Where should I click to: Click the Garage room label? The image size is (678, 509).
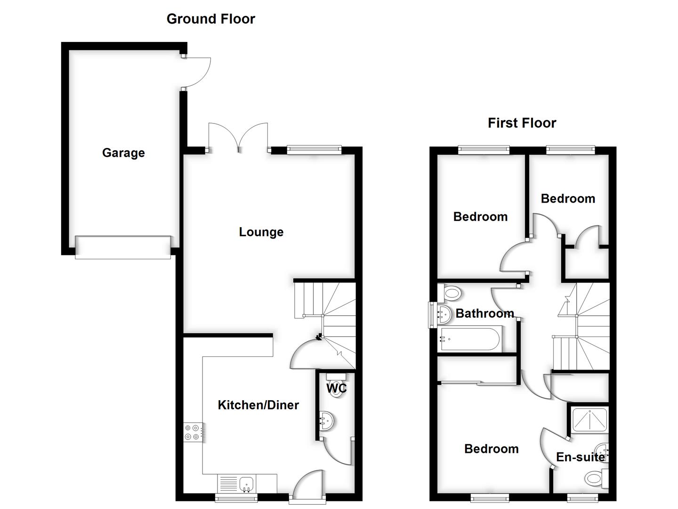coord(123,153)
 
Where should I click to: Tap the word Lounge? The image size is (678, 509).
coord(261,232)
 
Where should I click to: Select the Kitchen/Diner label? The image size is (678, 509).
coord(258,405)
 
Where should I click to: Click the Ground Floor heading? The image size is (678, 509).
coord(210,19)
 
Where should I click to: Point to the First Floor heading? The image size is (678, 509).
coord(522,123)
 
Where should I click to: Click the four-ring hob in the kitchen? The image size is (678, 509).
coord(193,433)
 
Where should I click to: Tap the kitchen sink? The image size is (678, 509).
coord(246,484)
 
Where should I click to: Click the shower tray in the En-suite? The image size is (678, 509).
coord(589,421)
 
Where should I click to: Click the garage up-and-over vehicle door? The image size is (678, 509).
coord(123,247)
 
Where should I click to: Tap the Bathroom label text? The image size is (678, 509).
coord(484,313)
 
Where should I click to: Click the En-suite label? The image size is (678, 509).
coord(581,457)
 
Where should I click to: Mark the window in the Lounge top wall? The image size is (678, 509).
coord(314,149)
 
